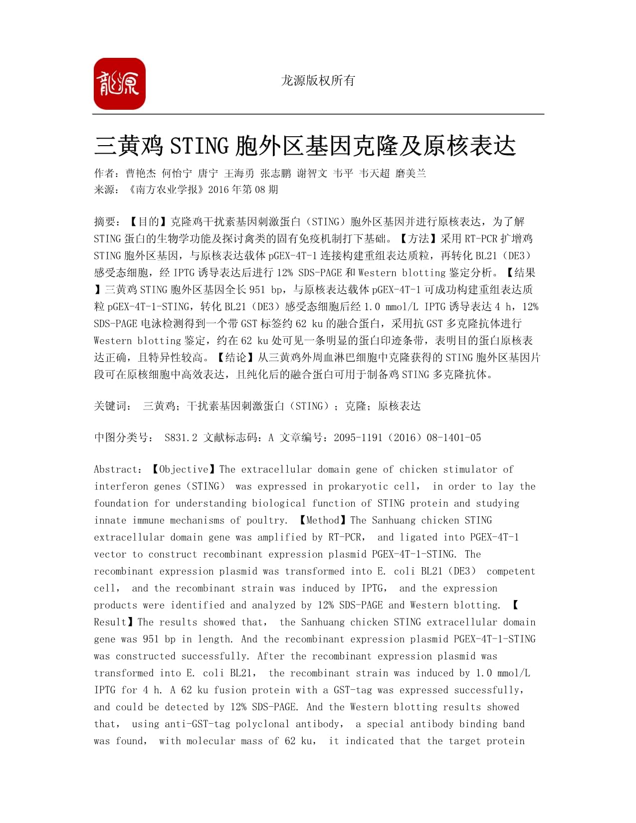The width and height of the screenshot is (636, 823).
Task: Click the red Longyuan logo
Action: [x=120, y=84]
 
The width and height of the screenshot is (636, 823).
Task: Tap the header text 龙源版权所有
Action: [x=318, y=80]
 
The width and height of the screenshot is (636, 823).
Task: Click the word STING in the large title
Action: [x=200, y=146]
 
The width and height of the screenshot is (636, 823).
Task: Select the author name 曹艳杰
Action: [x=141, y=174]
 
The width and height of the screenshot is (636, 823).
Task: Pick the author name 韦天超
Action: [x=374, y=174]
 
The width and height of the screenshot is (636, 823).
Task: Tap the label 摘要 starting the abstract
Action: [x=106, y=221]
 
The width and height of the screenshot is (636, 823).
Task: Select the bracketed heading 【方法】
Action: [x=418, y=238]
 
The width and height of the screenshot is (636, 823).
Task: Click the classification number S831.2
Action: [x=181, y=438]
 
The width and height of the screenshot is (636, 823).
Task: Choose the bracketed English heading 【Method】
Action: [x=322, y=520]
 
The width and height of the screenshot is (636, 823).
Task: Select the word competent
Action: [x=510, y=571]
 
